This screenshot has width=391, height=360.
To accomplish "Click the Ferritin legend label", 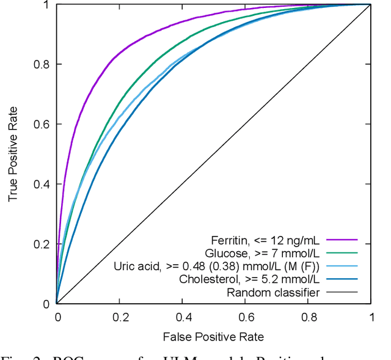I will [x=265, y=240].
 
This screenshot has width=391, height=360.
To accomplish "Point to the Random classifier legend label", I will [x=272, y=292].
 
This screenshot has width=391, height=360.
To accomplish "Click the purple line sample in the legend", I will [x=343, y=240].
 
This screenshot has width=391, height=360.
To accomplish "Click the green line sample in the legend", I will [x=343, y=253].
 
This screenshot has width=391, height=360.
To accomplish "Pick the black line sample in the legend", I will [x=343, y=292].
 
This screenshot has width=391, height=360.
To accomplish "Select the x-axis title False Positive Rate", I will [x=213, y=337].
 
